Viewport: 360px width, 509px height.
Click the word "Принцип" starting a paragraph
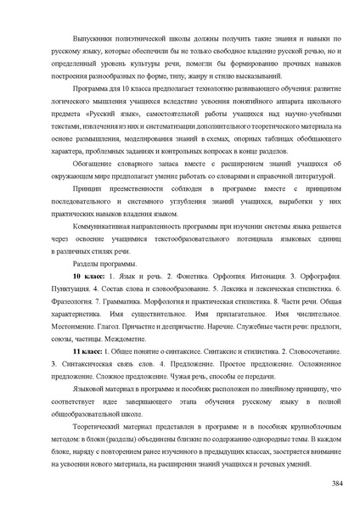(90, 194)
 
